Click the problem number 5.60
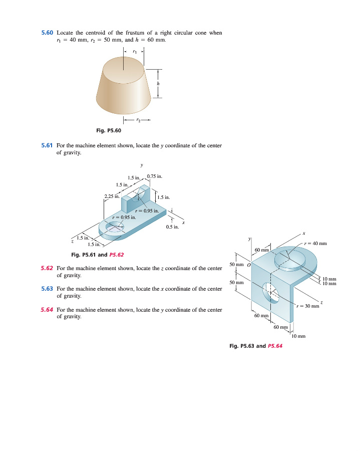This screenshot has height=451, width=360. tap(47, 33)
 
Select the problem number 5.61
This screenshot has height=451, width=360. tap(47, 146)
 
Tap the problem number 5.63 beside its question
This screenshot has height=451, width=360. tap(47, 289)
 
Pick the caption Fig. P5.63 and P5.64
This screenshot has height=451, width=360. tap(255, 346)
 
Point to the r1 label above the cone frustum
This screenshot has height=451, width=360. tap(134, 51)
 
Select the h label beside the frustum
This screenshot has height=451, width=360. tap(158, 83)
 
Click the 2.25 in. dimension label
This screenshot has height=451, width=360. tap(112, 196)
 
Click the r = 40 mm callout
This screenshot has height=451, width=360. tap(315, 244)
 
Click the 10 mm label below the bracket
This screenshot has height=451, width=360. tap(298, 336)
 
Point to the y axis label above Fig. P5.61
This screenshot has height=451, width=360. tap(142, 164)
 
